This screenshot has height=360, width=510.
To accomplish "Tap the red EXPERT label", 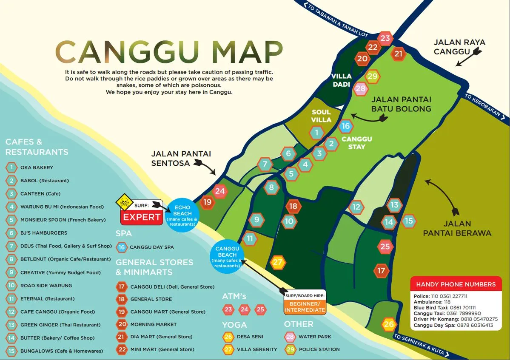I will pos(142,217).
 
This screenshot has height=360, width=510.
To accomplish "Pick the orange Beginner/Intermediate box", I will pos(305,306).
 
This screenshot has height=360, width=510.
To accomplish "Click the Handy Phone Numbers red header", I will pos(456,284).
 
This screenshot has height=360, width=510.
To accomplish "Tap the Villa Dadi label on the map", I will pos(342,80).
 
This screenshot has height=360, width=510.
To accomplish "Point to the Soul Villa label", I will pos(321,116).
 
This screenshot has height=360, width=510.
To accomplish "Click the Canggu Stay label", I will pos(356,143).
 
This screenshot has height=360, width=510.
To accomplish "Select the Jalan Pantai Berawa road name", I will pos(457,228).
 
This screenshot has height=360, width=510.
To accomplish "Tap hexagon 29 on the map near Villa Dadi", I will pos(373,77).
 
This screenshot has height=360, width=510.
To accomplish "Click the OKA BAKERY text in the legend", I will pos(37,167).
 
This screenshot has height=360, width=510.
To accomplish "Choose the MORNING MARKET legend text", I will pos(153,324).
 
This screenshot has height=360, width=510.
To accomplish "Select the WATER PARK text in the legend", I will pos(315,337).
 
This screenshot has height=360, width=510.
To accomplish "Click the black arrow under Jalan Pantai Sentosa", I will pos(205,166).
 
